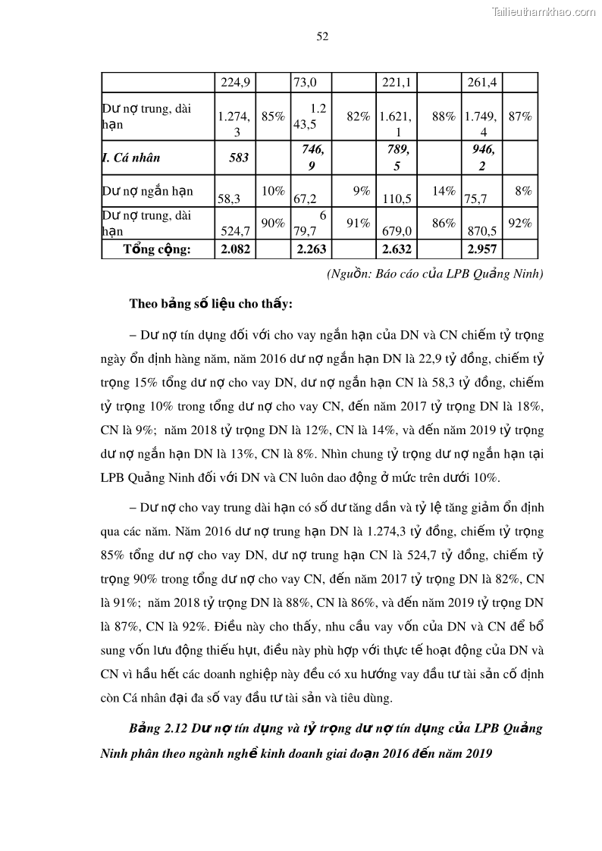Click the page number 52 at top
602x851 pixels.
coord(321,36)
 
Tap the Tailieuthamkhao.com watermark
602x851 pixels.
coord(544,11)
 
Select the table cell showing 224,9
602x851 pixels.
coord(234,82)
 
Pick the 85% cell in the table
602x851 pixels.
coord(273,117)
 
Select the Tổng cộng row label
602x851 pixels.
coord(157,249)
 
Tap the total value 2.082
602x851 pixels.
coord(234,249)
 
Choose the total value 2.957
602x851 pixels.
coord(482,249)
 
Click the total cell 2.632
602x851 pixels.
coord(397,249)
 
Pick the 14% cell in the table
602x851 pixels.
coord(444,192)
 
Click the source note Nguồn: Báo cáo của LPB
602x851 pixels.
coord(434,274)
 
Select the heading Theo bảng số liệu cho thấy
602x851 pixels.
coord(211,304)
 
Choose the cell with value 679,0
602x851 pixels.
coord(397,230)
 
